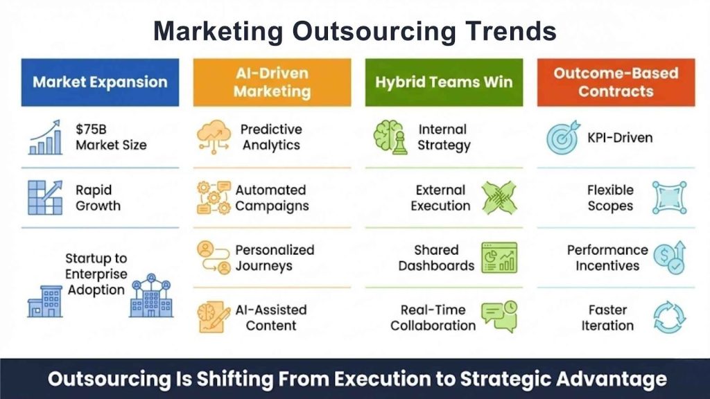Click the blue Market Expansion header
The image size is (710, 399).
[100, 82]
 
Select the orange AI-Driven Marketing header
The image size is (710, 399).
[272, 82]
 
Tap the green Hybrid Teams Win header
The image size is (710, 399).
[444, 82]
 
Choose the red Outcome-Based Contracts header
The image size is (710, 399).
[616, 82]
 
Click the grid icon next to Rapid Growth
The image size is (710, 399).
[46, 197]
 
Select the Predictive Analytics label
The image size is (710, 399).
[270, 137]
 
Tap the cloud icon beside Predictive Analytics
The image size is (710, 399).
[214, 137]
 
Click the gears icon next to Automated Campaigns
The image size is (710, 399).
[214, 197]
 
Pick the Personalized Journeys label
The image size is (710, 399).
[275, 258]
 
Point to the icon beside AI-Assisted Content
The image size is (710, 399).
[214, 317]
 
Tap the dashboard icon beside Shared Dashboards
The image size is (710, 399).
[499, 258]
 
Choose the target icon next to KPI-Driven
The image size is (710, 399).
[562, 139]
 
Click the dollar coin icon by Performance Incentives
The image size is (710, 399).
[670, 258]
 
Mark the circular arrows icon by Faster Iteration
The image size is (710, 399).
[670, 317]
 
